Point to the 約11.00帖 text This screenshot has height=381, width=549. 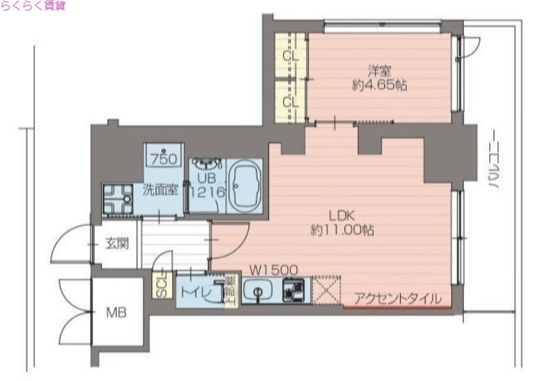[342, 231]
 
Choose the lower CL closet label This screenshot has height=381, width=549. [290, 102]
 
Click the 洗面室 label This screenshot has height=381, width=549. [161, 189]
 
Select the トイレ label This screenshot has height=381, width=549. [194, 290]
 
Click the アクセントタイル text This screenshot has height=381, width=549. [397, 299]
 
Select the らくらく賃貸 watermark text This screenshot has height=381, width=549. [34, 6]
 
